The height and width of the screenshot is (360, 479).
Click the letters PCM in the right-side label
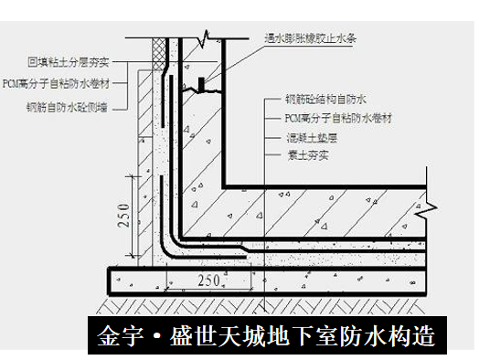click(x=295, y=119)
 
